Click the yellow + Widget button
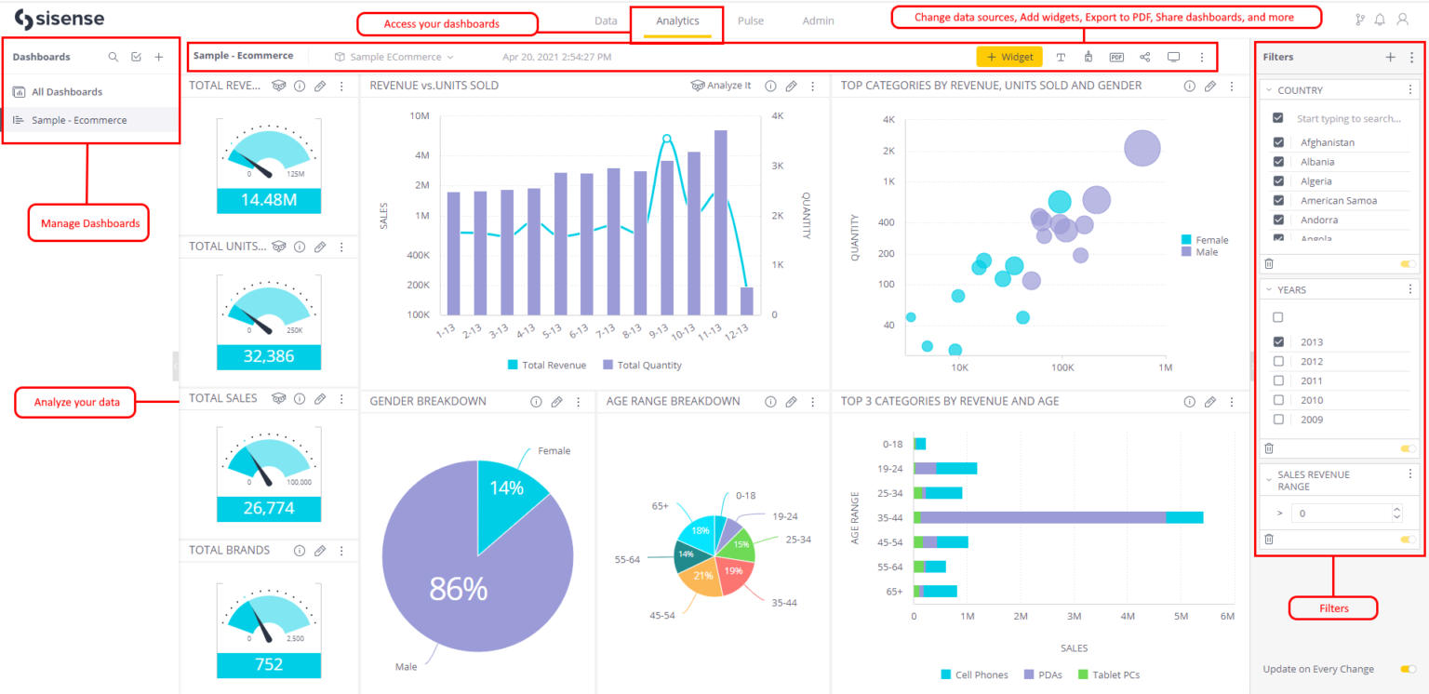point(1009,57)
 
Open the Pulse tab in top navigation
point(751,20)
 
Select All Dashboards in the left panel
point(66,92)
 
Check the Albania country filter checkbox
point(1278,162)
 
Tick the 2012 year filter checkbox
point(1278,362)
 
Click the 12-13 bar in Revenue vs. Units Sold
point(746,300)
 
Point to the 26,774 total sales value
point(268,509)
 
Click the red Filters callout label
point(1332,608)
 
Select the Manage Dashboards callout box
point(88,223)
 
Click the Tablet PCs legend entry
point(1109,674)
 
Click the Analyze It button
point(721,86)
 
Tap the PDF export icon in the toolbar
point(1116,57)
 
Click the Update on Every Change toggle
point(1408,669)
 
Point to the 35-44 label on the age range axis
point(889,517)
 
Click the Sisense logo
point(60,20)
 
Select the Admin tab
point(818,20)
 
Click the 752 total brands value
point(268,665)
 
